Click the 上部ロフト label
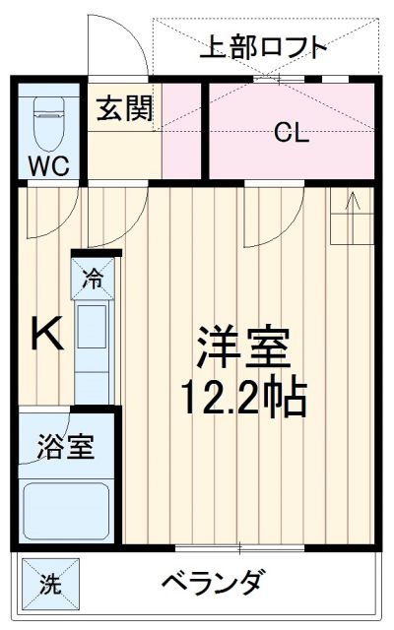[263, 46]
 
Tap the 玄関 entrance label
[124, 109]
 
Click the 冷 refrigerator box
[97, 279]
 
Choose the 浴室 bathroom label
[67, 447]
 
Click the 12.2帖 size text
[243, 398]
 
